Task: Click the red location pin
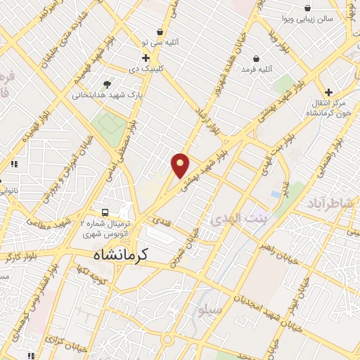[x=181, y=165]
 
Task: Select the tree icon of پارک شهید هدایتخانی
[x=107, y=84]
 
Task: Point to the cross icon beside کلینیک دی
[x=146, y=58]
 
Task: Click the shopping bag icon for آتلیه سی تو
[x=161, y=32]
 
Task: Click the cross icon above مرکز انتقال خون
[x=328, y=92]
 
